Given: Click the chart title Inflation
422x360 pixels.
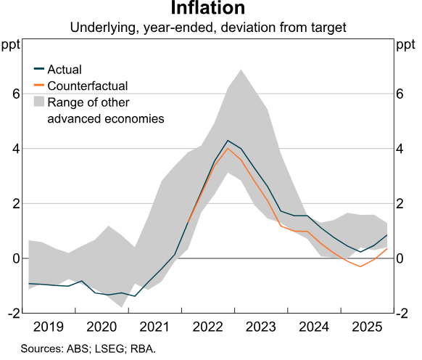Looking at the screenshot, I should pos(208,9).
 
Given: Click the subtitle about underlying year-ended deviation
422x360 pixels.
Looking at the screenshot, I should pos(208,28).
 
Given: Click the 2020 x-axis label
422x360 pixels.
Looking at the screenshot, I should pos(102,327).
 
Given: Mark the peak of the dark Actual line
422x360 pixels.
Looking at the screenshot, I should pos(228,140).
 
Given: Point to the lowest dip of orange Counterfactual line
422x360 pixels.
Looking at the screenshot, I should pos(360,266).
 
